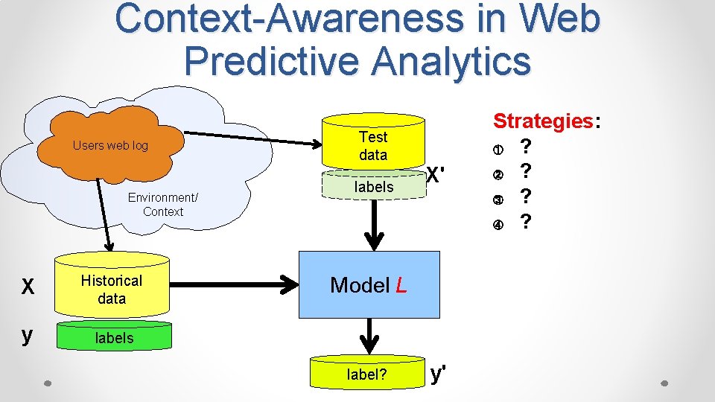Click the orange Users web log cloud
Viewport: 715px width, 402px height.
112,146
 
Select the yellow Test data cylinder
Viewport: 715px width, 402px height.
373,145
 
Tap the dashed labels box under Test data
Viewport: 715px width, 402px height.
373,187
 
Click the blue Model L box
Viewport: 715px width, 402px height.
369,285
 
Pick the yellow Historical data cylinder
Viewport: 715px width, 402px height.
112,289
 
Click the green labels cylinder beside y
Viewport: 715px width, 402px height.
113,338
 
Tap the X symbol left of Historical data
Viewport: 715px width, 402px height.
28,287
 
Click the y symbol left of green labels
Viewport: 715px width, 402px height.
28,336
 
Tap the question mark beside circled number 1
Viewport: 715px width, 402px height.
526,145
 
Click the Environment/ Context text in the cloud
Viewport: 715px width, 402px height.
162,205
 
